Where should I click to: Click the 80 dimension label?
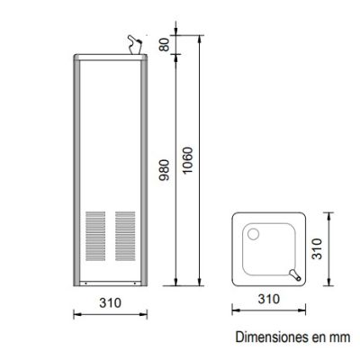pos(165,45)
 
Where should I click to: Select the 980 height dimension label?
pos(164,170)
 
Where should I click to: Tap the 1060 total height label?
pos(187,160)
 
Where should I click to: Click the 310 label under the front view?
pos(111,302)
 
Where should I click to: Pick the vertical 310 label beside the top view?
pos(317,248)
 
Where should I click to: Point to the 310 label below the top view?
pos(269,299)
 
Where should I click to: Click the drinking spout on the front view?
pos(134,45)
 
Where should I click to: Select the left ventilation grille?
pos(95,236)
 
